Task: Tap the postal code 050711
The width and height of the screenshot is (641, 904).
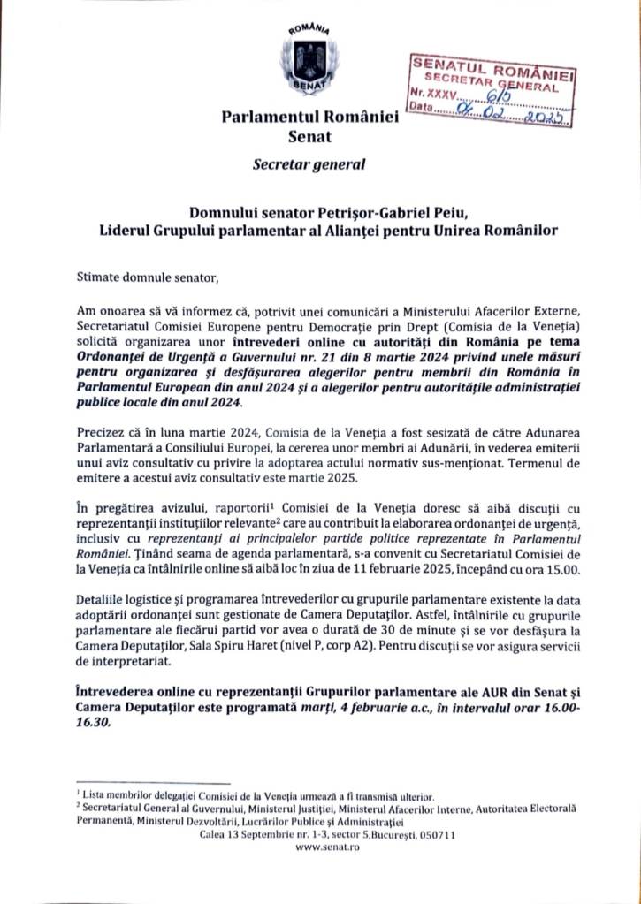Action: [x=435, y=833]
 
